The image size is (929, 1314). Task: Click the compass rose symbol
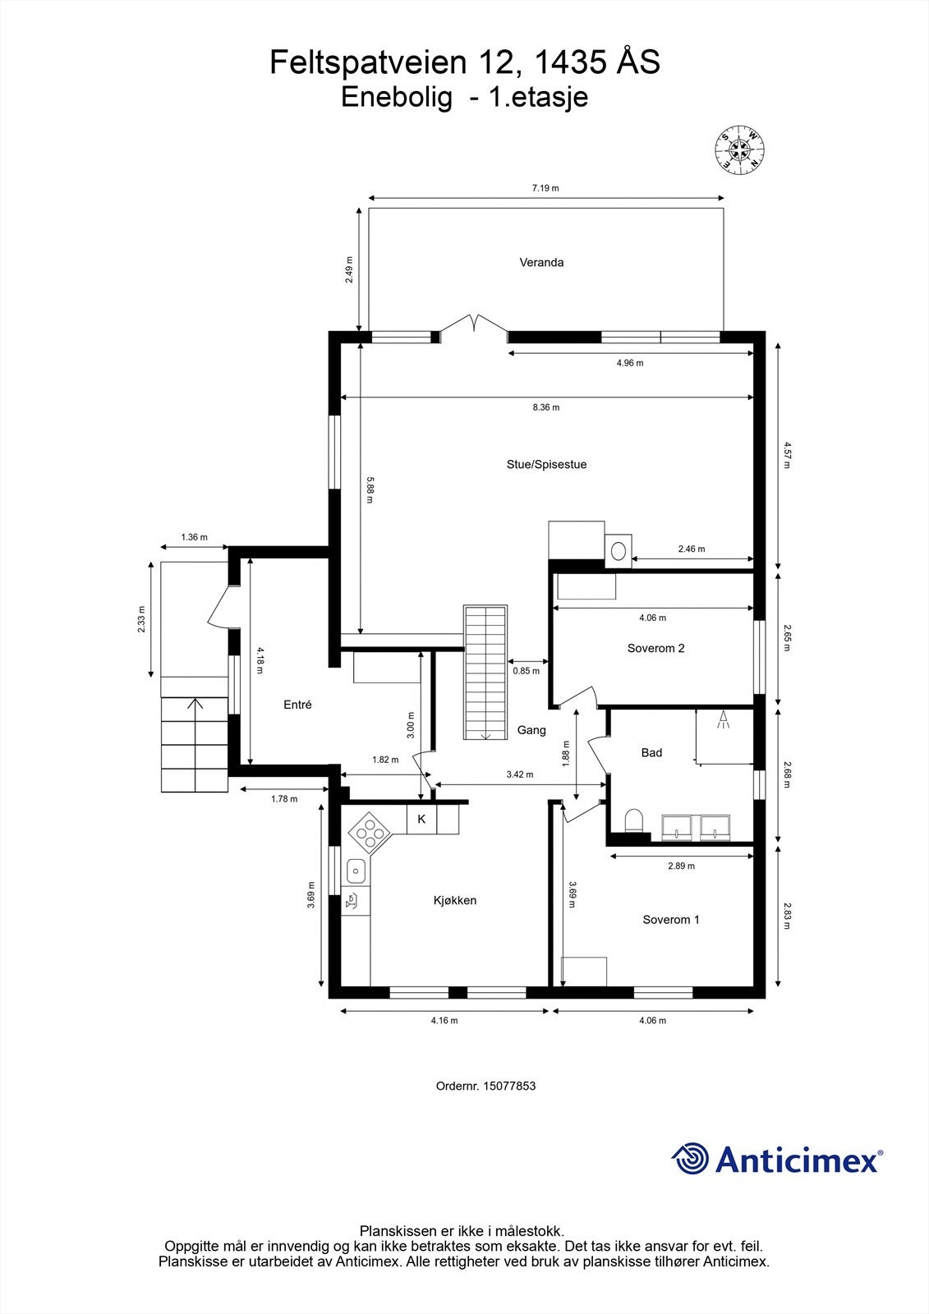(x=740, y=150)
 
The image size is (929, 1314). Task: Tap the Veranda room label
(x=541, y=263)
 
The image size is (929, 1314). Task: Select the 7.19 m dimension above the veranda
(x=545, y=188)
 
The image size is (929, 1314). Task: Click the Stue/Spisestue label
(x=546, y=465)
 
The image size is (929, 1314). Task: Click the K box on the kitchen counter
(x=421, y=819)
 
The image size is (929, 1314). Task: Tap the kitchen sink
(x=356, y=868)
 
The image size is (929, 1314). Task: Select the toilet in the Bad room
(x=633, y=820)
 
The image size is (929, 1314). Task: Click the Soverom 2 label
(x=655, y=648)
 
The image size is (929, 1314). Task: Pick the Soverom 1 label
(x=670, y=920)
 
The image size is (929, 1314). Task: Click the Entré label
(x=297, y=705)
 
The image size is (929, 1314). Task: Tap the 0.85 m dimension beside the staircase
(x=527, y=671)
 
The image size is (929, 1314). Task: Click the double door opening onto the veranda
(x=474, y=326)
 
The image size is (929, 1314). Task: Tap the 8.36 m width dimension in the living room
(x=545, y=407)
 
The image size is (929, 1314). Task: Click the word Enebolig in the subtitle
(x=397, y=98)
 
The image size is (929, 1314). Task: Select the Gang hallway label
(x=531, y=730)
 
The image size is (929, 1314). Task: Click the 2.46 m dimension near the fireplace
(x=691, y=549)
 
